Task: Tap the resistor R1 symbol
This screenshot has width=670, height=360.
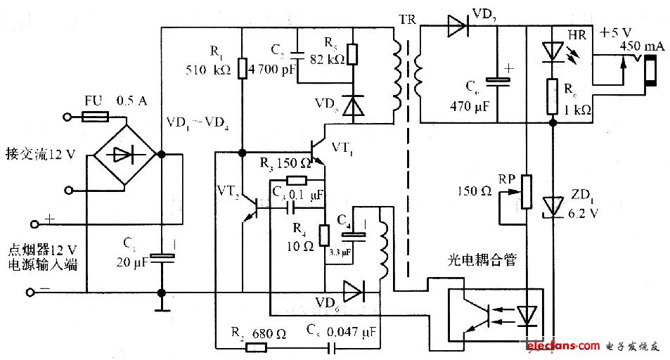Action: point(241,68)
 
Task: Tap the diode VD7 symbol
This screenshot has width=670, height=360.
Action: point(457,29)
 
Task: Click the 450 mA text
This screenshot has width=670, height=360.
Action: point(640,46)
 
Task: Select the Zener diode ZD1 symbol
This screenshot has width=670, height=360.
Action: point(554,204)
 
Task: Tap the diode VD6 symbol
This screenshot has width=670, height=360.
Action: point(352,289)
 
